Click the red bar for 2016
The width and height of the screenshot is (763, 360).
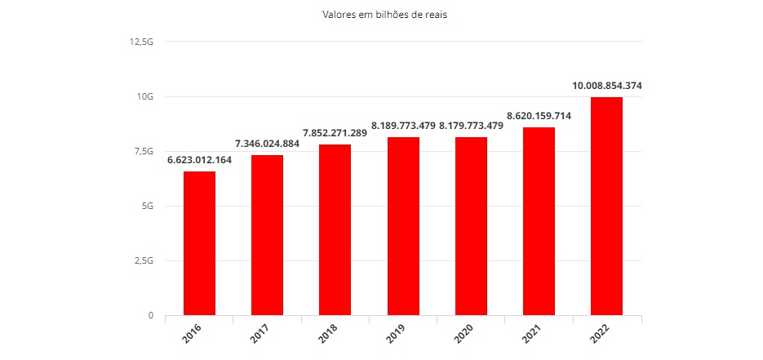pos(199,242)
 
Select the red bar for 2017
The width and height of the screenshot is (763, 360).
pos(267,234)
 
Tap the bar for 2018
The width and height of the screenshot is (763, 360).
pos(335,229)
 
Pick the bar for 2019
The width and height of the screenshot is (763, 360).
pos(403,225)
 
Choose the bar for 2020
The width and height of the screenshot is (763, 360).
pos(471,225)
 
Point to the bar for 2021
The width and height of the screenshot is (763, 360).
pos(539,220)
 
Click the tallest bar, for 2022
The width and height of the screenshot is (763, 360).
pos(607,206)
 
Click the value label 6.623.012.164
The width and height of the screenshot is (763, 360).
pos(199,160)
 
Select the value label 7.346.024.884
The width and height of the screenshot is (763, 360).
pos(267,144)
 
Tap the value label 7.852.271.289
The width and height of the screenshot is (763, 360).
pos(335,133)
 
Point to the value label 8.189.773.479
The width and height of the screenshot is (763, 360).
pos(403,126)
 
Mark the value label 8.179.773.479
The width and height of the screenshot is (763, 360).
pos(471,126)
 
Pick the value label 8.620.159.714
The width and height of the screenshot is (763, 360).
pos(539,116)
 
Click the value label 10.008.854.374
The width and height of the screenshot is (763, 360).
pos(607,86)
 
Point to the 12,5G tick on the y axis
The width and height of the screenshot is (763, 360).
pos(142,42)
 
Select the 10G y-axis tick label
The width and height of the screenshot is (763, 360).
pos(145,96)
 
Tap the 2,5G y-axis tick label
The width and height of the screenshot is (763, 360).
pos(144,261)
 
